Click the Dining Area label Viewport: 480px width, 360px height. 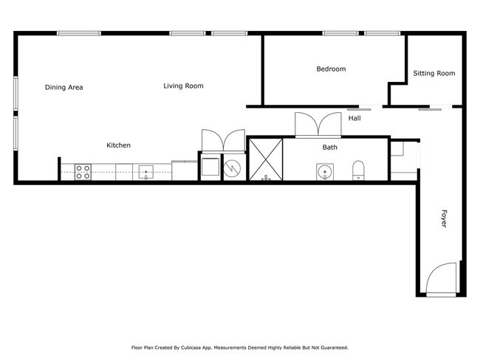pyautogui.click(x=64, y=87)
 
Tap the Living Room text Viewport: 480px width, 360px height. pyautogui.click(x=183, y=86)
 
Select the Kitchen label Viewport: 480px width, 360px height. pyautogui.click(x=118, y=145)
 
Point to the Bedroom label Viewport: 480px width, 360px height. pyautogui.click(x=331, y=69)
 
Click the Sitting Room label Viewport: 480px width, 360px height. pyautogui.click(x=433, y=73)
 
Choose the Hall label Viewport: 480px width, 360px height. pyautogui.click(x=354, y=118)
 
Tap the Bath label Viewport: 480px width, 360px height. pyautogui.click(x=329, y=148)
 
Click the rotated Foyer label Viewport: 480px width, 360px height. pyautogui.click(x=444, y=218)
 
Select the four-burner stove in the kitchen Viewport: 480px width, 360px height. pyautogui.click(x=83, y=172)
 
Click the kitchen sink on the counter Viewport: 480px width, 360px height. pyautogui.click(x=145, y=173)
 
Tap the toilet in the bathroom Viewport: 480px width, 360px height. pyautogui.click(x=359, y=170)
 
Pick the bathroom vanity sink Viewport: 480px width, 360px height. pyautogui.click(x=324, y=172)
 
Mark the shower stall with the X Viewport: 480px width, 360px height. pyautogui.click(x=265, y=159)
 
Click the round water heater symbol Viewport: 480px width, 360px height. pyautogui.click(x=233, y=167)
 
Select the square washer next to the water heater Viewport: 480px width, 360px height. pyautogui.click(x=210, y=167)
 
